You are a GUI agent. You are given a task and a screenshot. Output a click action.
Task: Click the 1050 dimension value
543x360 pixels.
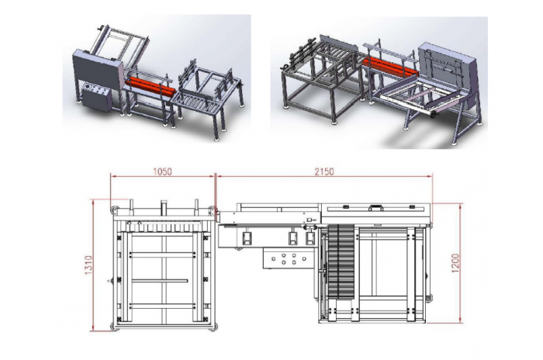click(162, 171)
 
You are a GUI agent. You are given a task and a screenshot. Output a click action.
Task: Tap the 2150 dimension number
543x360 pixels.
click(324, 171)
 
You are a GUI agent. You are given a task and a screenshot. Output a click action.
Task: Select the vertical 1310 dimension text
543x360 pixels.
click(88, 265)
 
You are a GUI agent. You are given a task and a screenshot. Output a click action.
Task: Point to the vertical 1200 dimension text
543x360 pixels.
click(455, 263)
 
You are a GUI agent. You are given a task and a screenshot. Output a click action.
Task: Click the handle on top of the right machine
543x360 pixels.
click(375, 208)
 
